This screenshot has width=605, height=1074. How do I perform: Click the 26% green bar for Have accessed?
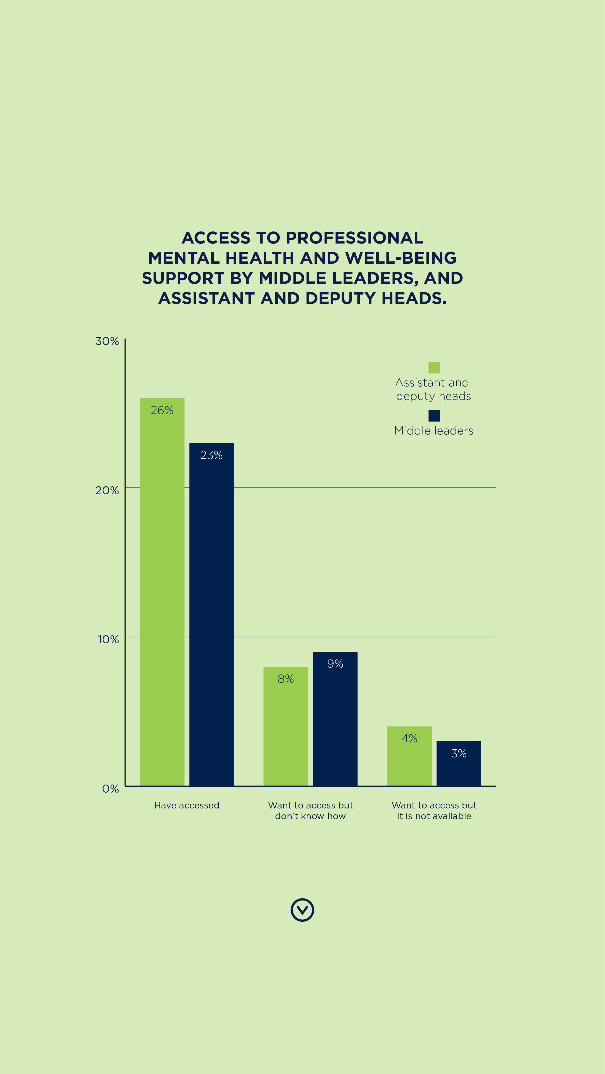tap(162, 592)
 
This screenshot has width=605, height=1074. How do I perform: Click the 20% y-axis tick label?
tap(107, 490)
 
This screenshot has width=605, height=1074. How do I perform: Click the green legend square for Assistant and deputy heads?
tap(434, 368)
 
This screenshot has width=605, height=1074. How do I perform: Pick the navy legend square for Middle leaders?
tap(434, 416)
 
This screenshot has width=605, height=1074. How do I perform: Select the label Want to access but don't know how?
tap(310, 811)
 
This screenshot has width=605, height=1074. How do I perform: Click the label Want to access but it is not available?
tap(434, 811)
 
